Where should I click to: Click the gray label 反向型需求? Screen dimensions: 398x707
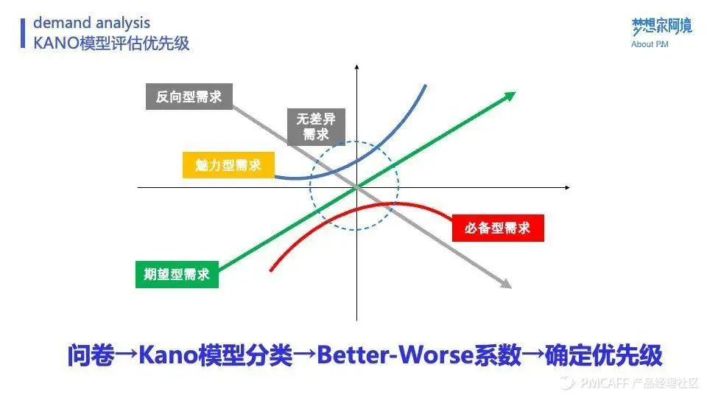[x=189, y=97]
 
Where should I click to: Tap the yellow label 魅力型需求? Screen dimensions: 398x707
[x=228, y=164]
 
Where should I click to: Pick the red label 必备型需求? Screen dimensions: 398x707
[x=497, y=228]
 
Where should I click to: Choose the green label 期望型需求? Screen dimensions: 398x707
[x=177, y=274]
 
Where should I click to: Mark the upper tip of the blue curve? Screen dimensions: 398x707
[x=426, y=85]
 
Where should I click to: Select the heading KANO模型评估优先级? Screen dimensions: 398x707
[x=111, y=43]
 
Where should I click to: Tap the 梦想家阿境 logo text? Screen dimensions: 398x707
[x=661, y=27]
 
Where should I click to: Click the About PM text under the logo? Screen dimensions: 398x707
[x=650, y=44]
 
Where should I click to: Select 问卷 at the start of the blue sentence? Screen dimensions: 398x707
[x=91, y=356]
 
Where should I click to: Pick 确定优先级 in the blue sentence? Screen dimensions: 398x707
[x=604, y=356]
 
